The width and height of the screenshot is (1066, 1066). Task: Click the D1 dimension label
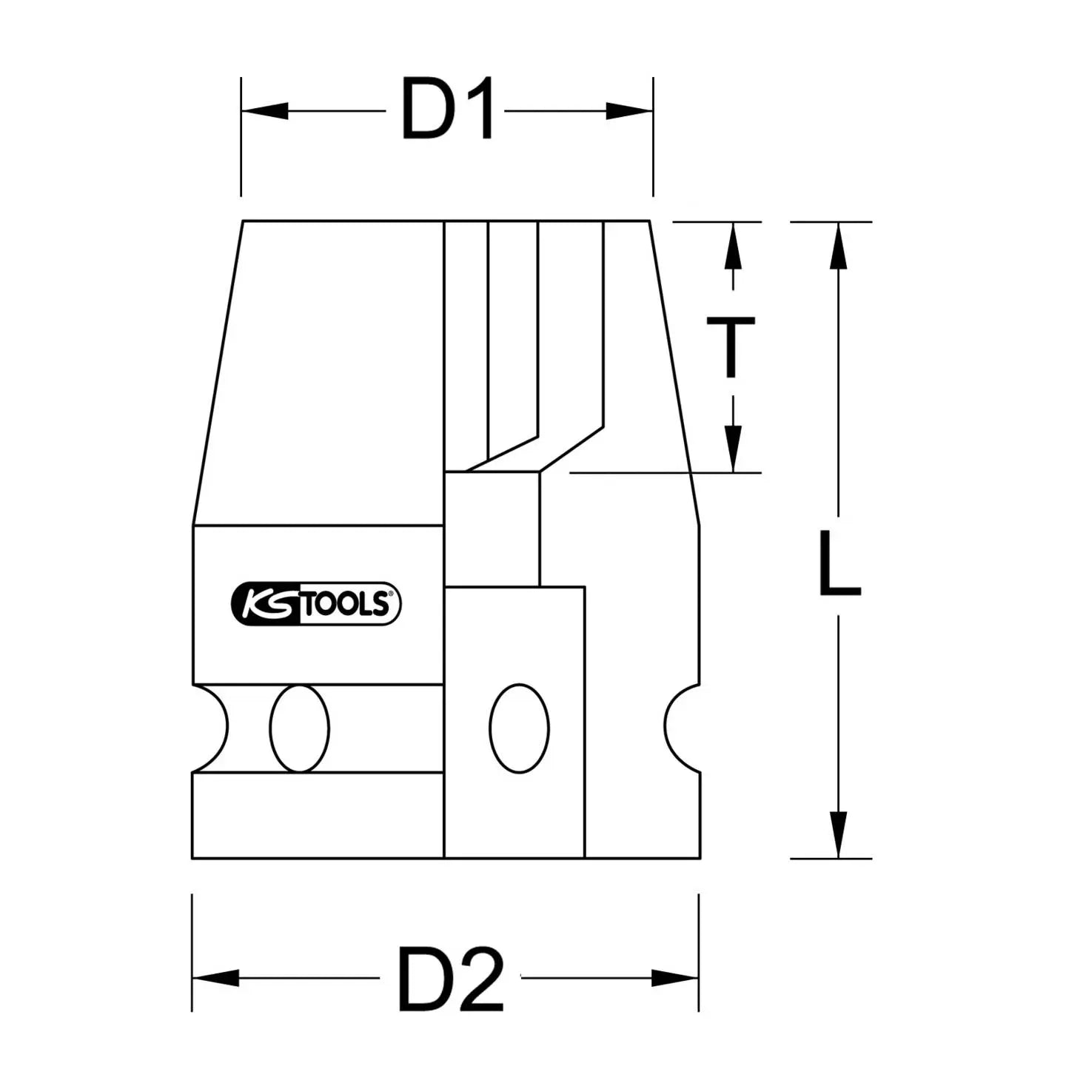448,111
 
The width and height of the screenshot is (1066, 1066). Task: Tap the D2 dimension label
451,978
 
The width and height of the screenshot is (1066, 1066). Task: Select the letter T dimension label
731,346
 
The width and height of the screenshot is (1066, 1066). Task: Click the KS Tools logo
316,603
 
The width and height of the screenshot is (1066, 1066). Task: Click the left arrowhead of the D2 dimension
215,978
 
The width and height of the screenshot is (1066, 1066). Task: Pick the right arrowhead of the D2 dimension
675,978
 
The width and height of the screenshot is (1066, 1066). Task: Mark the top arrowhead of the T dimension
733,246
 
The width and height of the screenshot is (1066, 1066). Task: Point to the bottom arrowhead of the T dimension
733,448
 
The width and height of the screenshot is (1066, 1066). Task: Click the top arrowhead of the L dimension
838,246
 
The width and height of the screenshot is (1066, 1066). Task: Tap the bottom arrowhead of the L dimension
838,834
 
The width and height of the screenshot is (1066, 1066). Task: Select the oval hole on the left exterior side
300,728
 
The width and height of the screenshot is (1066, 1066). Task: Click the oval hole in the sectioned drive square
520,728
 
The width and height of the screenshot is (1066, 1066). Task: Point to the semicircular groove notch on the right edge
681,728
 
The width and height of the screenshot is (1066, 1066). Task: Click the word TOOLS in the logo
346,604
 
